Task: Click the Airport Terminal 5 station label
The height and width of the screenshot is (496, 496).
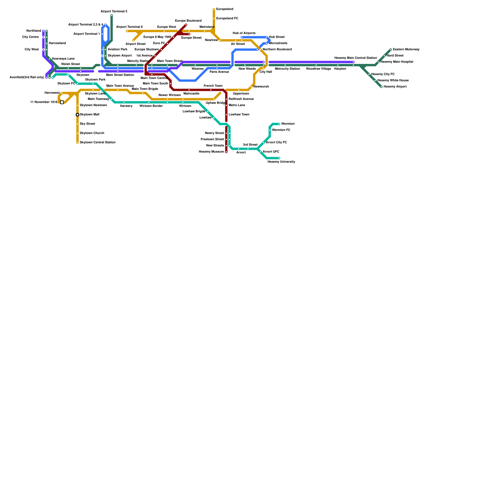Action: coord(114,11)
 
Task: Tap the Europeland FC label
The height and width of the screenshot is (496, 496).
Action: coord(227,19)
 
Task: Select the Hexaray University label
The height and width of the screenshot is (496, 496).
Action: coord(281,162)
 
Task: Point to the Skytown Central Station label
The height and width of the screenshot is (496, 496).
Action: coord(97,143)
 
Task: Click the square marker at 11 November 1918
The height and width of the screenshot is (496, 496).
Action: coord(62,102)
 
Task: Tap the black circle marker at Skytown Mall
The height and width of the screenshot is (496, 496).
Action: coord(77,115)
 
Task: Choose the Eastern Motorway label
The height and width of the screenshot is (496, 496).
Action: coord(406,50)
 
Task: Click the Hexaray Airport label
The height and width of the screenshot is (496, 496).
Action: coord(395,87)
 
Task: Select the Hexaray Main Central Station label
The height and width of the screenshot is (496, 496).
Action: coord(355,58)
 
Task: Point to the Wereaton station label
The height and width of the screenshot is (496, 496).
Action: coord(288,124)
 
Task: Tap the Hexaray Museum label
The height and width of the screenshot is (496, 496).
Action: coord(211,152)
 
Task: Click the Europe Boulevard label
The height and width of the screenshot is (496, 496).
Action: coord(188,21)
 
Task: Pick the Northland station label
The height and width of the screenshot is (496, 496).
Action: coord(33,31)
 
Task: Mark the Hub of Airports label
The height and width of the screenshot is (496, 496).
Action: coord(244,33)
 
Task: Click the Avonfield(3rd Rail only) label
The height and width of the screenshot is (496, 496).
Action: coord(27,77)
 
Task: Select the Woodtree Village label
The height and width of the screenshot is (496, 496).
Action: coord(318,69)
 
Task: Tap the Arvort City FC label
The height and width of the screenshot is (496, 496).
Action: coord(276,143)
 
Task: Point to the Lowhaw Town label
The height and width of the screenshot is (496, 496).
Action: coord(239,115)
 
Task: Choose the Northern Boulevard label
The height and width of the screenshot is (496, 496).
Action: coord(277,50)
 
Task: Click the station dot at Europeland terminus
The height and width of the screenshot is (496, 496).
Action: coord(214,9)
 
